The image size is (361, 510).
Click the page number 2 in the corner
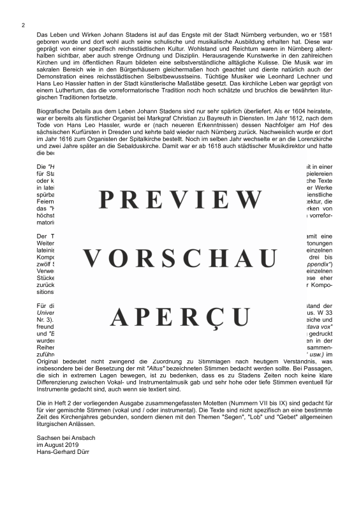(x=23, y=25)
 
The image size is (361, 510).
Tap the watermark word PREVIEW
(x=180, y=200)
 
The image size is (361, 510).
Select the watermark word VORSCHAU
(x=180, y=258)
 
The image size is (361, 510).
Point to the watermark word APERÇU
(x=180, y=317)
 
